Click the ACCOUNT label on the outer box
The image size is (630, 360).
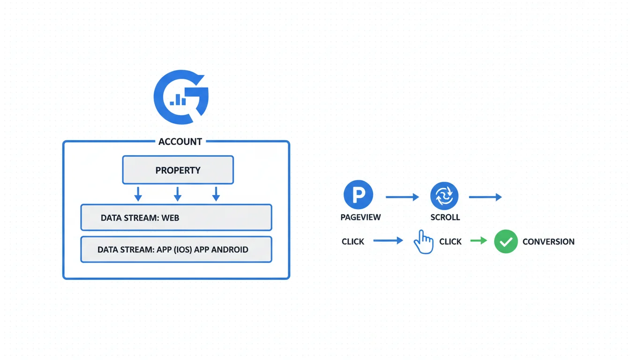[180, 142]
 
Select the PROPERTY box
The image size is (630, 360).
[178, 170]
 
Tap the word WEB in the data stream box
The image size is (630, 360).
[170, 218]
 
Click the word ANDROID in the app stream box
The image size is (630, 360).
[230, 249]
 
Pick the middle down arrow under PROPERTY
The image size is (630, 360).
[177, 194]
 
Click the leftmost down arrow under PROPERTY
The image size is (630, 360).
[138, 194]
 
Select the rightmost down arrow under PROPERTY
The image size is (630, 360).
[216, 194]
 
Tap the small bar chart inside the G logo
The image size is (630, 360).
[178, 100]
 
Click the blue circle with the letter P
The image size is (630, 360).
[358, 195]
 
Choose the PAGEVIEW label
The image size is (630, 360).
[360, 217]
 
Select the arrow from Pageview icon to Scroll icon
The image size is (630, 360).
[402, 197]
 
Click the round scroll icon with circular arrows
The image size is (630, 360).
[444, 195]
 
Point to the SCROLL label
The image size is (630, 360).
[445, 217]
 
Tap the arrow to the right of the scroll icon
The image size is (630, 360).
[485, 197]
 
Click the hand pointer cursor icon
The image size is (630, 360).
[423, 242]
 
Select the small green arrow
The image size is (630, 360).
[479, 241]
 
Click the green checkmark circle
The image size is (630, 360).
[506, 241]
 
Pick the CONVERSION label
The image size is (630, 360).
[548, 242]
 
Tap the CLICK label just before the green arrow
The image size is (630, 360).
[450, 242]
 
